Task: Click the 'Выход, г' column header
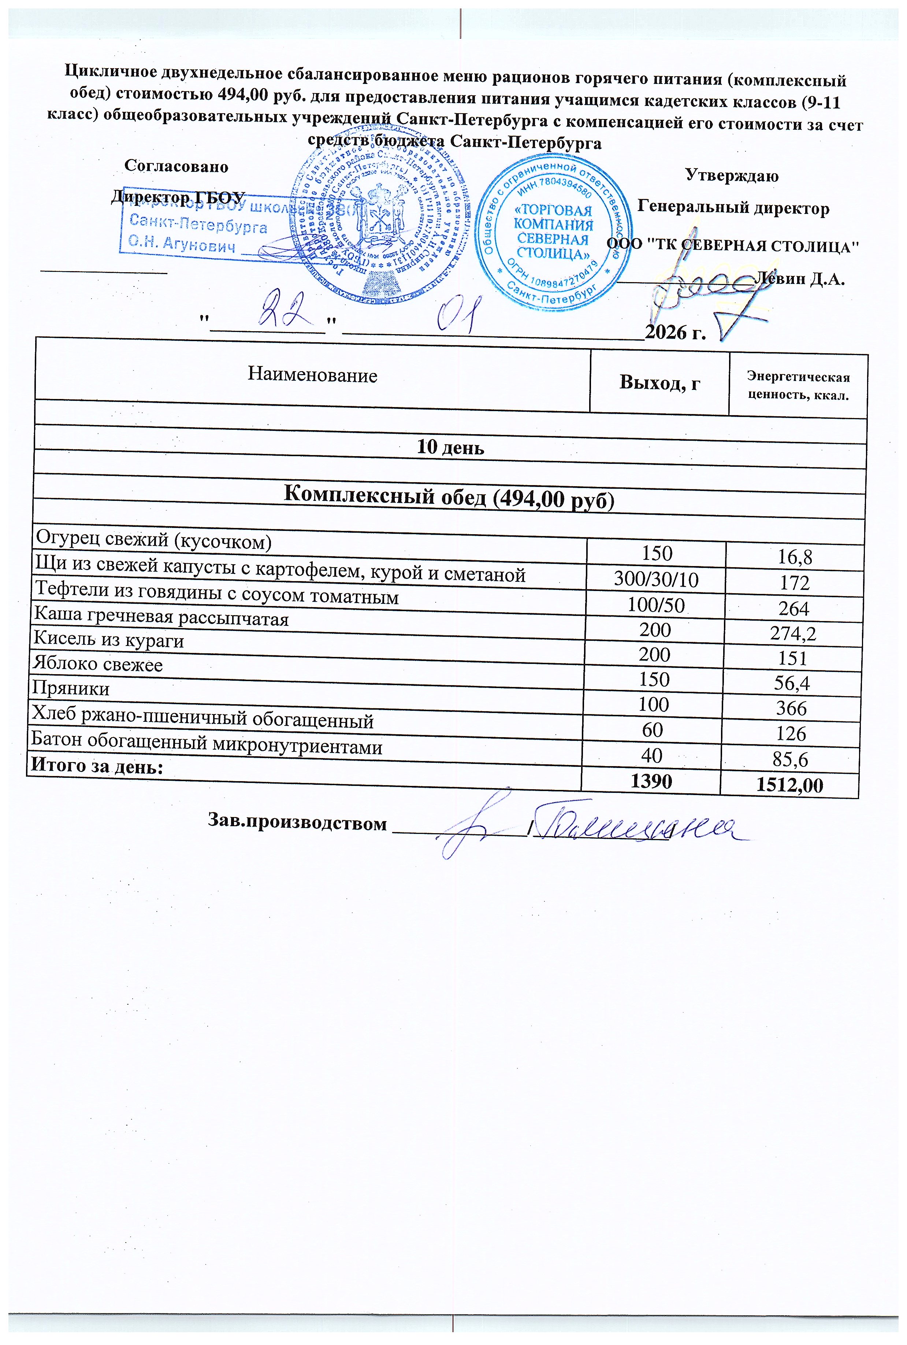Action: point(659,383)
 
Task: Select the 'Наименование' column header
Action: point(312,375)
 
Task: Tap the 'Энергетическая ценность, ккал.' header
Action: point(798,387)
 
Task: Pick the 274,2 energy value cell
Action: point(793,634)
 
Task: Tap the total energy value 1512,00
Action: point(789,785)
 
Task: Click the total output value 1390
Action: point(651,781)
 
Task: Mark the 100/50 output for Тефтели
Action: point(656,605)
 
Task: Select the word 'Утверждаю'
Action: point(732,175)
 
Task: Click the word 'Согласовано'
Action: point(176,167)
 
